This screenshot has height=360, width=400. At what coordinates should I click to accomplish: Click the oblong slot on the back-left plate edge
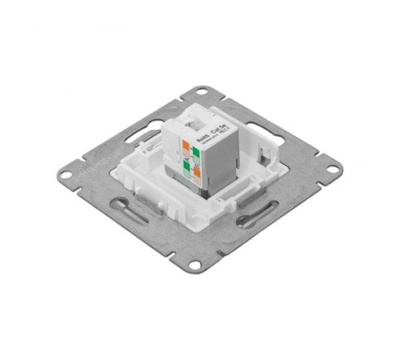click(x=140, y=130)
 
